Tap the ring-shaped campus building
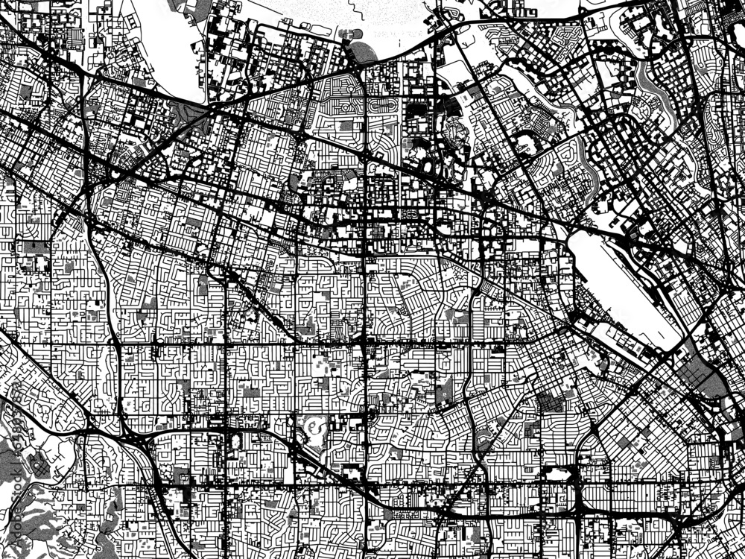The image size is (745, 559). click(x=314, y=429)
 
